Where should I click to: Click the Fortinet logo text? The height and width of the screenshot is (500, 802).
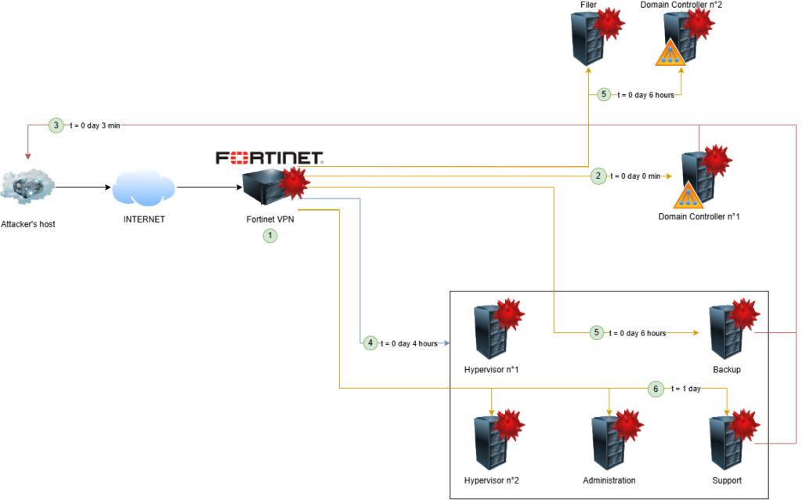(x=270, y=158)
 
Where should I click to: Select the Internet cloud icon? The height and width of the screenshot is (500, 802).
(x=144, y=188)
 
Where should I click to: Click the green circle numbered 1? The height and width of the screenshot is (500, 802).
(x=270, y=234)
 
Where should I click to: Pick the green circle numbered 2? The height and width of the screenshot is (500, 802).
(x=598, y=176)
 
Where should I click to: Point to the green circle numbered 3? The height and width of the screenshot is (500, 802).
(x=56, y=125)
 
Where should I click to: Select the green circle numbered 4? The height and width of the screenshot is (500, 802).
(x=370, y=343)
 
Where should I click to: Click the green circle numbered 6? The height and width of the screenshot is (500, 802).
(x=656, y=387)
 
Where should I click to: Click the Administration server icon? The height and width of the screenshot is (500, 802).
(x=609, y=443)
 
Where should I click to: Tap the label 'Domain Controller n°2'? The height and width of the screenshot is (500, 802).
(x=681, y=5)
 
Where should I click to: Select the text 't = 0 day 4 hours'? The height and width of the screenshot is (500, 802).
(x=409, y=343)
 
